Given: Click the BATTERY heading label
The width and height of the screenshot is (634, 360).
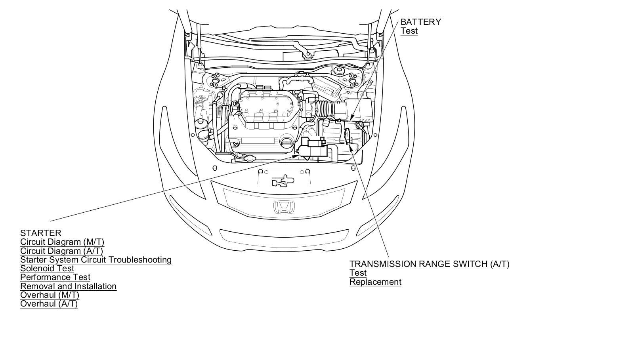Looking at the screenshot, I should click(x=420, y=22).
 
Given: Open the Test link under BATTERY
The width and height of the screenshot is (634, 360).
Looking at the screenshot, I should click(x=409, y=31).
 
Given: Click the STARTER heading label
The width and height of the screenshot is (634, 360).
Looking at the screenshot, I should click(x=41, y=233).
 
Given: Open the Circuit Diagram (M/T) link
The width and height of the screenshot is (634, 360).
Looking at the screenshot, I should click(x=62, y=242).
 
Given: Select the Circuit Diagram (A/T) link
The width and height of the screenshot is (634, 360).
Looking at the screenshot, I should click(x=61, y=251).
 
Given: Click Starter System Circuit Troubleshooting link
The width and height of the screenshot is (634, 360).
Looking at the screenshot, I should click(x=96, y=260).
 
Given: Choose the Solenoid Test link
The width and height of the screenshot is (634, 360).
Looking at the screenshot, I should click(x=47, y=269).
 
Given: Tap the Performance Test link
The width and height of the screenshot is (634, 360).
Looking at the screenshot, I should click(x=55, y=277).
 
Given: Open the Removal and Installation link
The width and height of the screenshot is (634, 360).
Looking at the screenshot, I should click(x=68, y=286).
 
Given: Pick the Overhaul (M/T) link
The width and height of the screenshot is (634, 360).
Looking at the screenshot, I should click(x=50, y=295).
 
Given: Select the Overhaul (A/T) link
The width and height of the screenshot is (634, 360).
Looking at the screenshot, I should click(x=49, y=304).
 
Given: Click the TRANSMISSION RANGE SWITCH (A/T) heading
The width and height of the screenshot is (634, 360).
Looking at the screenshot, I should click(x=429, y=264).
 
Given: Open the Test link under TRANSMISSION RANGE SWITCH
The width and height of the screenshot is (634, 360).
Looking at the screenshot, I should click(x=358, y=273).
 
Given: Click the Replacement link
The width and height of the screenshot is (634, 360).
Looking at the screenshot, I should click(x=375, y=282).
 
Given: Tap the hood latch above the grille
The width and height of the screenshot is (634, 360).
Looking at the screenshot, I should click(x=283, y=181).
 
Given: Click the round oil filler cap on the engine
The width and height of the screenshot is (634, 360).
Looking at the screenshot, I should click(x=286, y=143).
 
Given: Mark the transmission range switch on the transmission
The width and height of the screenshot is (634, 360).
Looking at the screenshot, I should click(x=348, y=136).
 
